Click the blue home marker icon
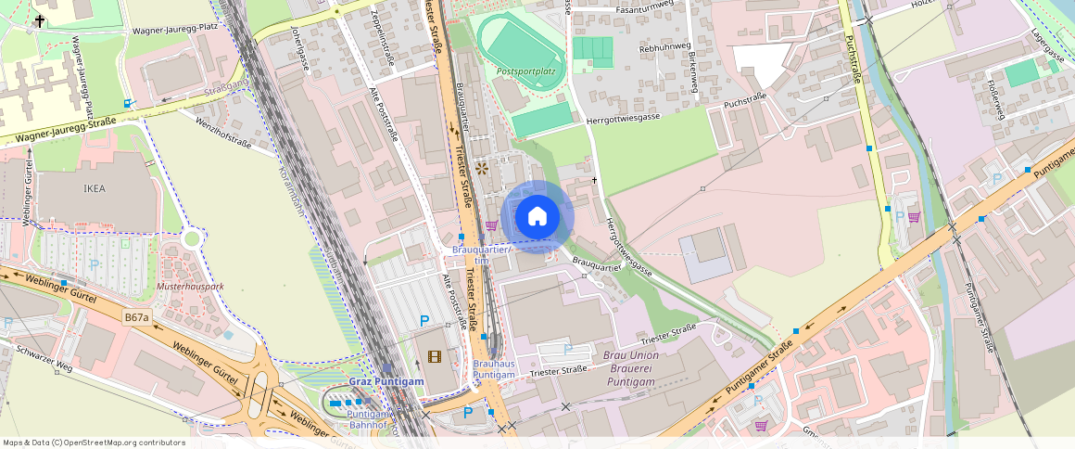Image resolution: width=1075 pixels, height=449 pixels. coord(537,218)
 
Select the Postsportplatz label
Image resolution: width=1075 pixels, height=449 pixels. coord(525,71)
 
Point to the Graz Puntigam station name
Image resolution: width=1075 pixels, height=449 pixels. coord(386,382)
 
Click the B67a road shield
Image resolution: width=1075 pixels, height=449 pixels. coord(136,317)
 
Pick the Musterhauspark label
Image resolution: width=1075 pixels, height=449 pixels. coord(191,287)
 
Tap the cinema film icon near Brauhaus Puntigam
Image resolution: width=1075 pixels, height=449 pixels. coord(435,356)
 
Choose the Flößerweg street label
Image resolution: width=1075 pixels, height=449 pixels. coord(996,99)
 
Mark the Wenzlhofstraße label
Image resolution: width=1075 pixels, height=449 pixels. coord(223,131)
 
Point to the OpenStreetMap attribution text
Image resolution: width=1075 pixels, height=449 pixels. coord(95,443)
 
